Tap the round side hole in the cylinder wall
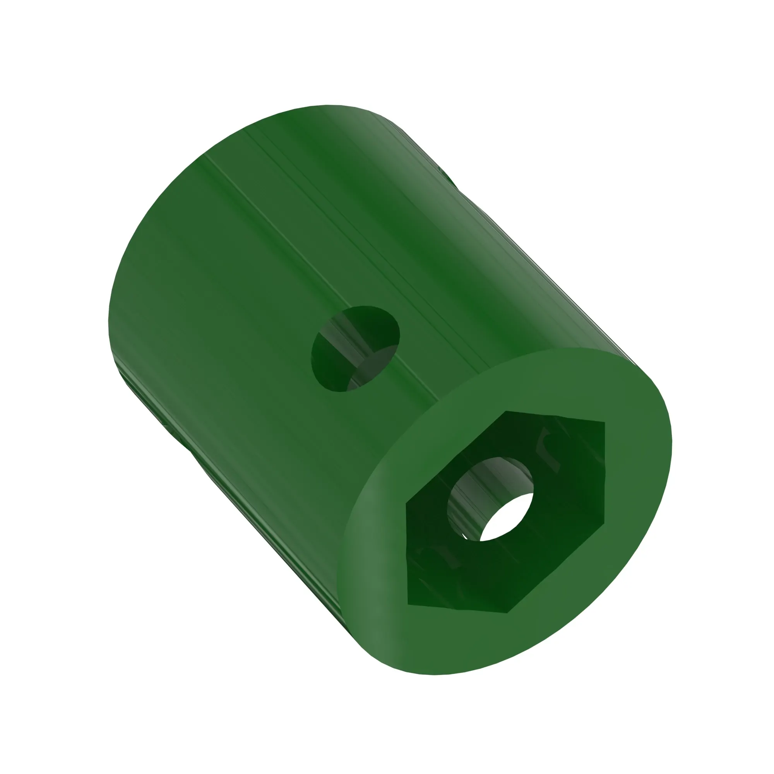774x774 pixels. (355, 349)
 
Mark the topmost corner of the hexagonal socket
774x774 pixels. (506, 411)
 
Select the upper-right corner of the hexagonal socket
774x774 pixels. (604, 422)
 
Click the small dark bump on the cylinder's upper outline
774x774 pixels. (449, 176)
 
